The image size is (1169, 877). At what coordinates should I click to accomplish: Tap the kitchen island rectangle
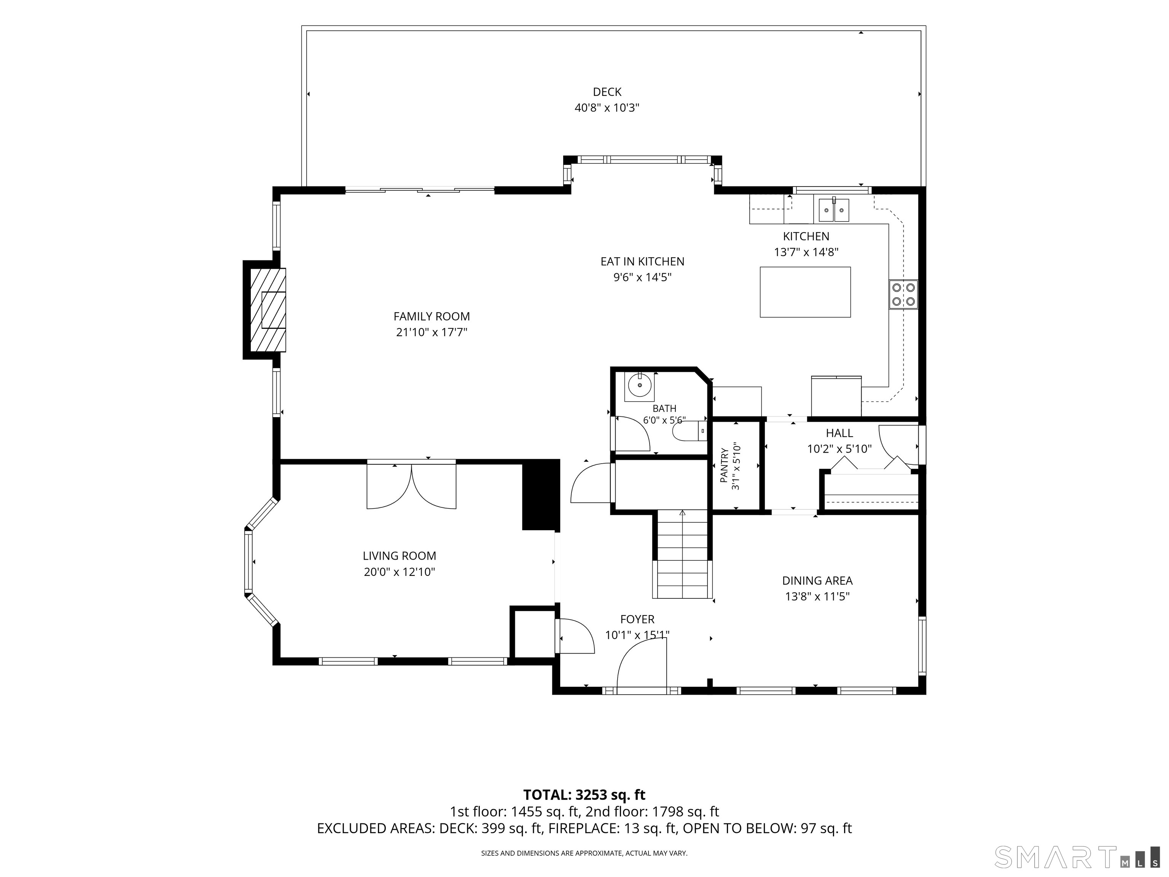(x=805, y=292)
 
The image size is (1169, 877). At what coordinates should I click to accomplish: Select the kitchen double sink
(x=834, y=209)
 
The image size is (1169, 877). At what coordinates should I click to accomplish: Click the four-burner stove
(x=903, y=295)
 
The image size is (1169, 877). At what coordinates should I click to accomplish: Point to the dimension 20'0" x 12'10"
(x=399, y=572)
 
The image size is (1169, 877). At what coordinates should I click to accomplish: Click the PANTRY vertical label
(x=724, y=465)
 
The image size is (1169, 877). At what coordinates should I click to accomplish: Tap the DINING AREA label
(x=817, y=581)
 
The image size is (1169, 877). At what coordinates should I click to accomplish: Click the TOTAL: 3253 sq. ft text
(x=584, y=795)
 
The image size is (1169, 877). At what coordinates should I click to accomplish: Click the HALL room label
(x=839, y=434)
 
